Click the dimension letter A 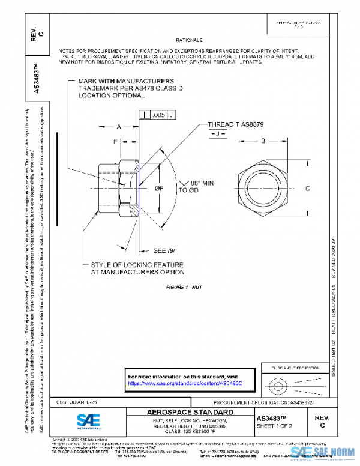(119, 127)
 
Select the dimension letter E (115, 142)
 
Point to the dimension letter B (263, 141)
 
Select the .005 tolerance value (159, 114)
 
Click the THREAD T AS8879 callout (236, 124)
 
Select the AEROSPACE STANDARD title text (190, 413)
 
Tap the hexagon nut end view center (263, 189)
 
